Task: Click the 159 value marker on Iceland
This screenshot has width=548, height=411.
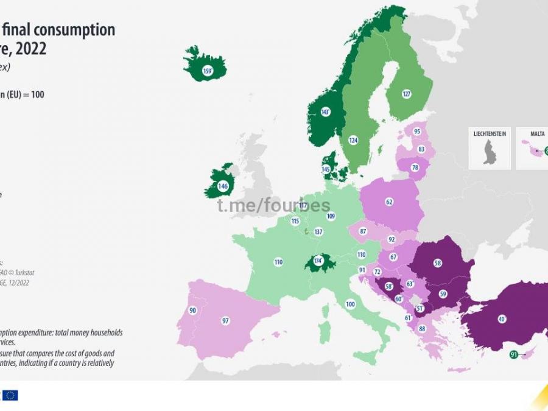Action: click(207, 71)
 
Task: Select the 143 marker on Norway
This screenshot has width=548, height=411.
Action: click(326, 112)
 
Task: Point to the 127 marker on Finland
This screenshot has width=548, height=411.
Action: click(407, 94)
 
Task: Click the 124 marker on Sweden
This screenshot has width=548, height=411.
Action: click(353, 141)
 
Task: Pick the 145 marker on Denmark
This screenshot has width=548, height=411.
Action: click(326, 169)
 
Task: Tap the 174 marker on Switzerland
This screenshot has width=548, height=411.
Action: click(317, 261)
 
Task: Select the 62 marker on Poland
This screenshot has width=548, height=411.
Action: click(389, 202)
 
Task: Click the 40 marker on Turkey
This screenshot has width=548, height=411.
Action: click(502, 318)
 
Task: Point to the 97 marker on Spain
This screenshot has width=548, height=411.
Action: click(225, 320)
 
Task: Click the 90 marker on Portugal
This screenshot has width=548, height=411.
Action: click(193, 311)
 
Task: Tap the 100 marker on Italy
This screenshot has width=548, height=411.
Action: click(350, 304)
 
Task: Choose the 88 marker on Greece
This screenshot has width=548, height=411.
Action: click(421, 329)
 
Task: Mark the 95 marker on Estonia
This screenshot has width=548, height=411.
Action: click(417, 132)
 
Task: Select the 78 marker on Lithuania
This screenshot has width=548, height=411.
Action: click(415, 167)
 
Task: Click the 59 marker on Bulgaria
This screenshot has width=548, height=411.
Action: click(443, 294)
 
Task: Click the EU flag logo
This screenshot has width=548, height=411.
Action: click(10, 395)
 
